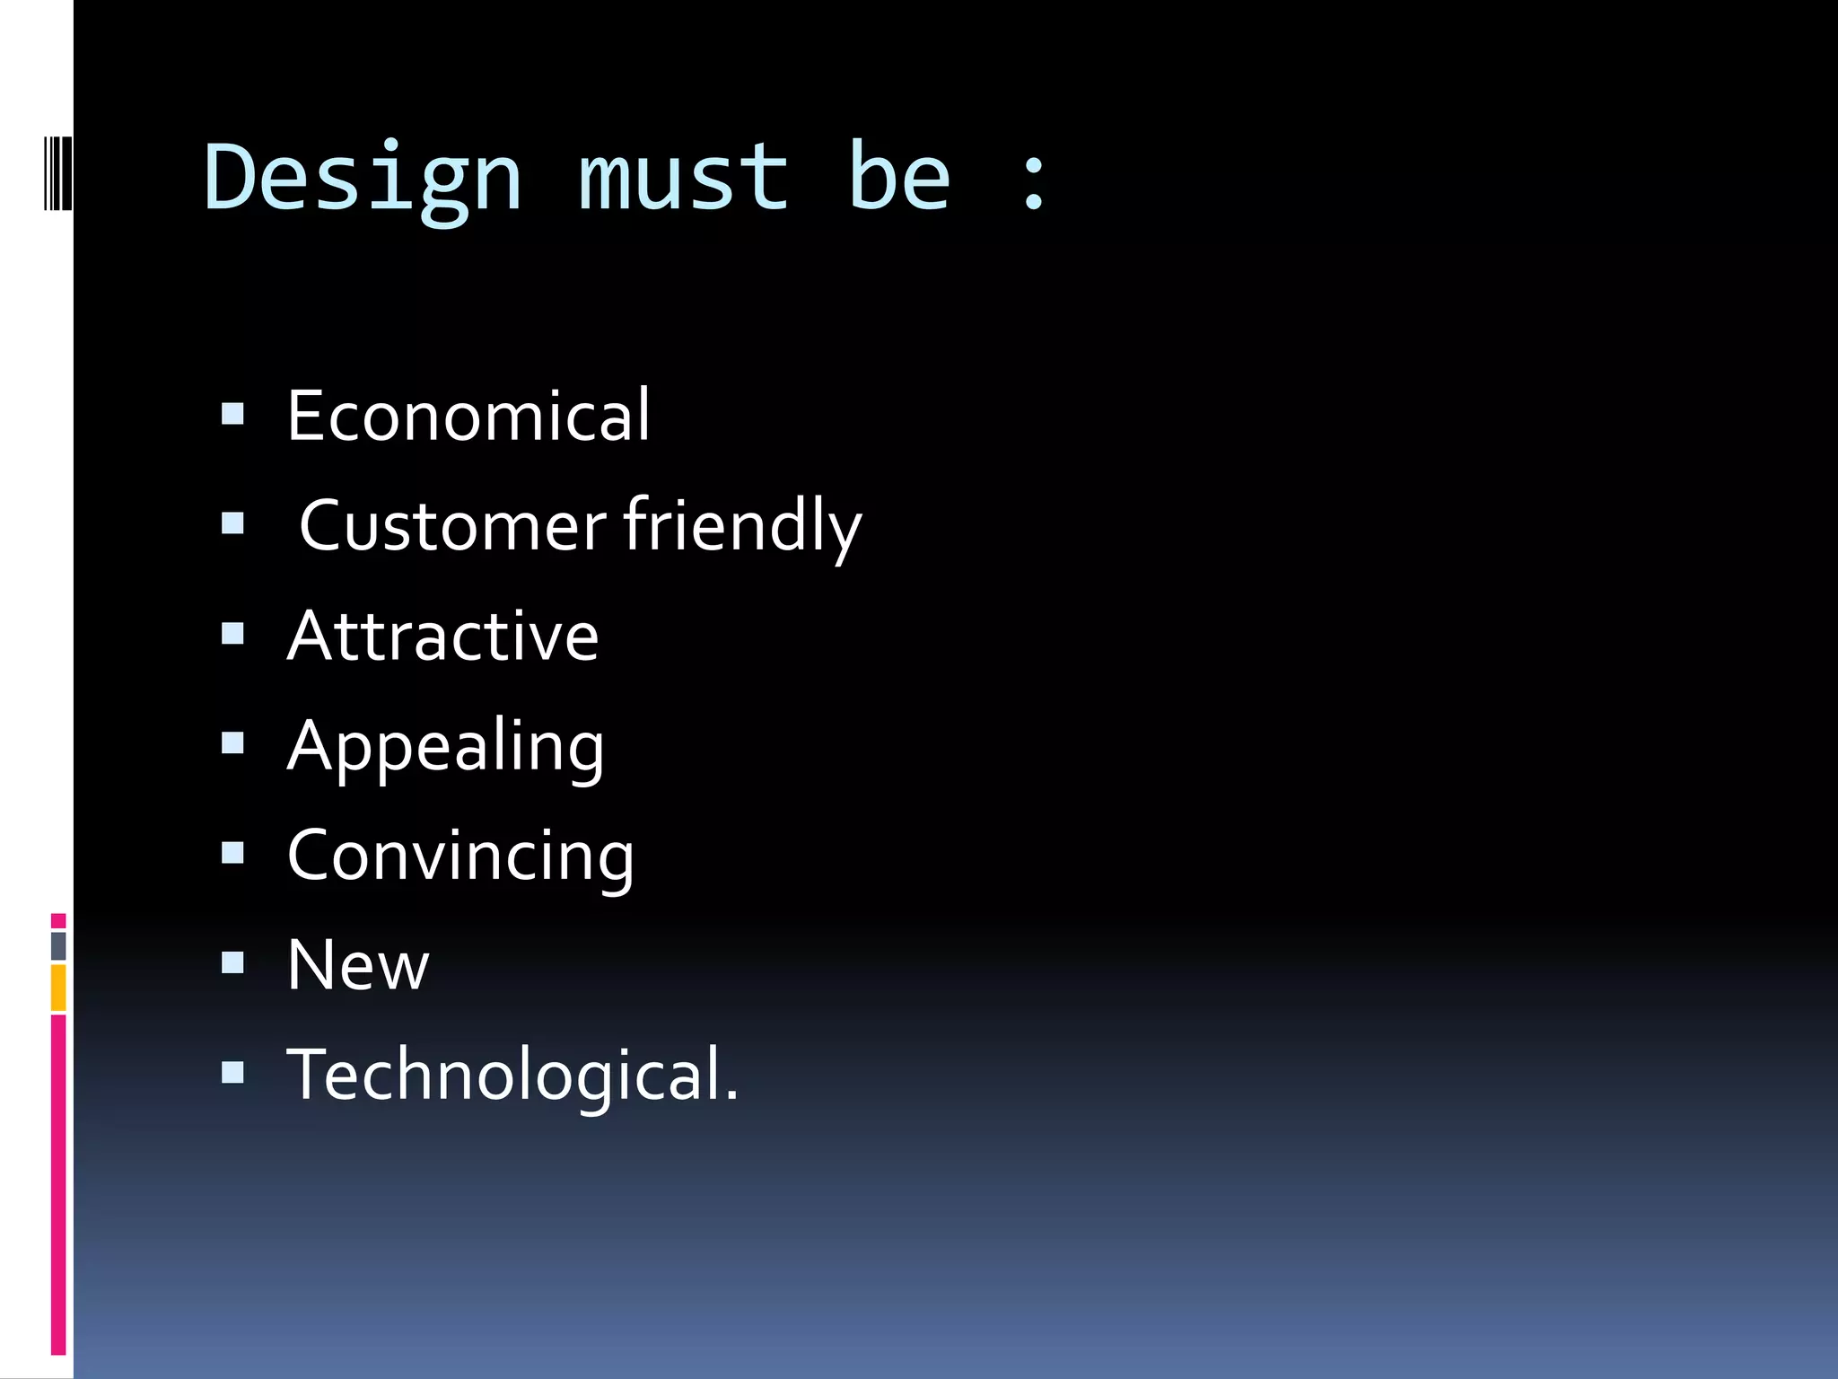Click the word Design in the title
click(x=363, y=180)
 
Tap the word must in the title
click(x=683, y=180)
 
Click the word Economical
click(x=468, y=416)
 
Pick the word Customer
click(x=452, y=526)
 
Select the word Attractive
click(x=442, y=636)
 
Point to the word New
click(x=358, y=966)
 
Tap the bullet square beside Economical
click(x=232, y=414)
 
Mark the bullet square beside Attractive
click(x=232, y=634)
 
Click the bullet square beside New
click(x=232, y=963)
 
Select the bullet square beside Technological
click(x=232, y=1073)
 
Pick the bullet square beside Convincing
click(x=232, y=853)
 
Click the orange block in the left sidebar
click(x=58, y=988)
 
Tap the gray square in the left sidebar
click(x=58, y=945)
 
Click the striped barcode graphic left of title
click(x=57, y=172)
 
